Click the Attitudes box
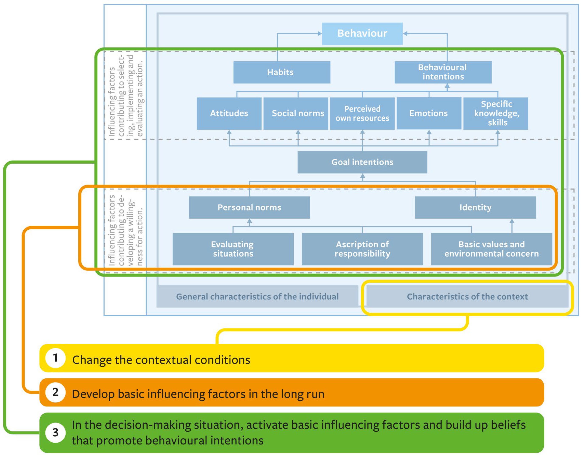pos(229,113)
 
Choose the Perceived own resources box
pos(362,113)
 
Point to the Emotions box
pos(429,113)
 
